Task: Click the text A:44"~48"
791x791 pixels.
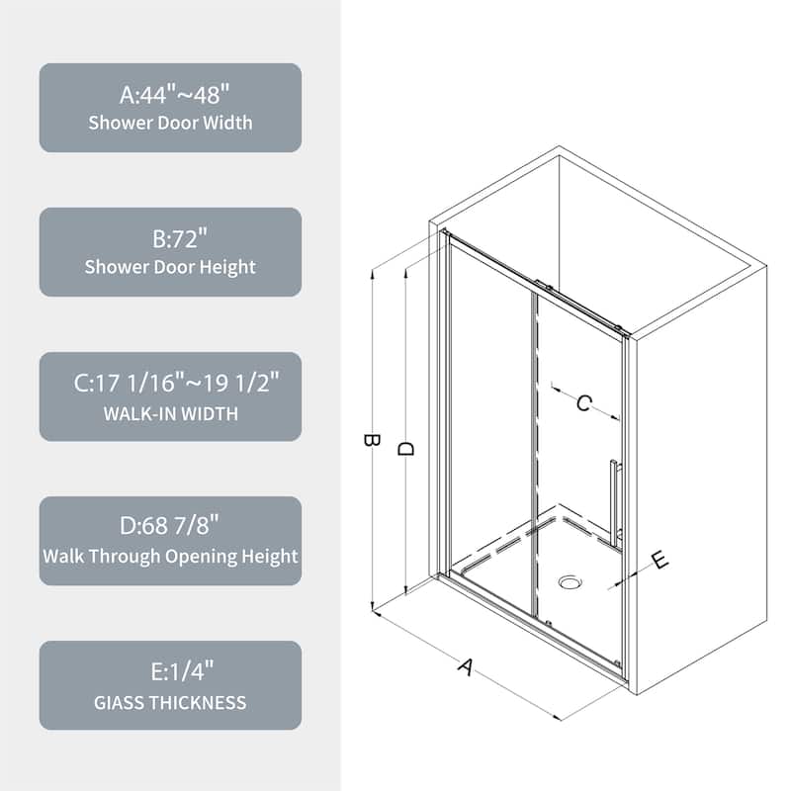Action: [x=170, y=95]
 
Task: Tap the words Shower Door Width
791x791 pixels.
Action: [x=170, y=124]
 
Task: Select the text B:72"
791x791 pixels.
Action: [x=170, y=239]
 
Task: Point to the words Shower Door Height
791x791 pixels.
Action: [x=170, y=267]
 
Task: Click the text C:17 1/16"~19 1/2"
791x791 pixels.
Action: [x=170, y=384]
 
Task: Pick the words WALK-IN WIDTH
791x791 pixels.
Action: [x=170, y=412]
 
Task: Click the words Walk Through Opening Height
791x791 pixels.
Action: [x=170, y=556]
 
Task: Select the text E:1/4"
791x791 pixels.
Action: [x=170, y=672]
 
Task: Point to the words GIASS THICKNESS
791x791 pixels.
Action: [x=170, y=702]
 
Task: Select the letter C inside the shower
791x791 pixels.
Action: [x=584, y=402]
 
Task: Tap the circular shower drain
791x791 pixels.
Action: [x=570, y=582]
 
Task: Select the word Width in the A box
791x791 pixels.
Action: [x=226, y=124]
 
